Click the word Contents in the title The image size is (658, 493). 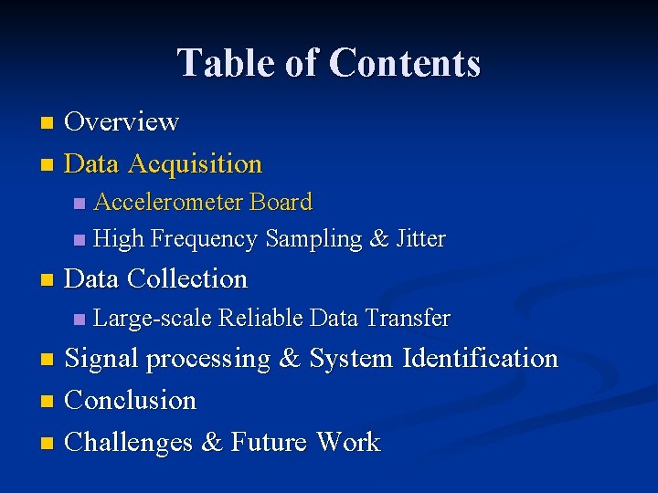(x=404, y=63)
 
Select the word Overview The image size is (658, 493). (x=122, y=121)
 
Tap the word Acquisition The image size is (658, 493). (x=196, y=164)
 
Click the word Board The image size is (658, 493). (x=281, y=202)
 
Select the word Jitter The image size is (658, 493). (x=421, y=239)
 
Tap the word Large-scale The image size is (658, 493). (x=153, y=319)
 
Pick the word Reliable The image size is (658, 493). (x=261, y=319)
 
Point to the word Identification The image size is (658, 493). (x=481, y=359)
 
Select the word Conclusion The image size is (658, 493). (x=132, y=401)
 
